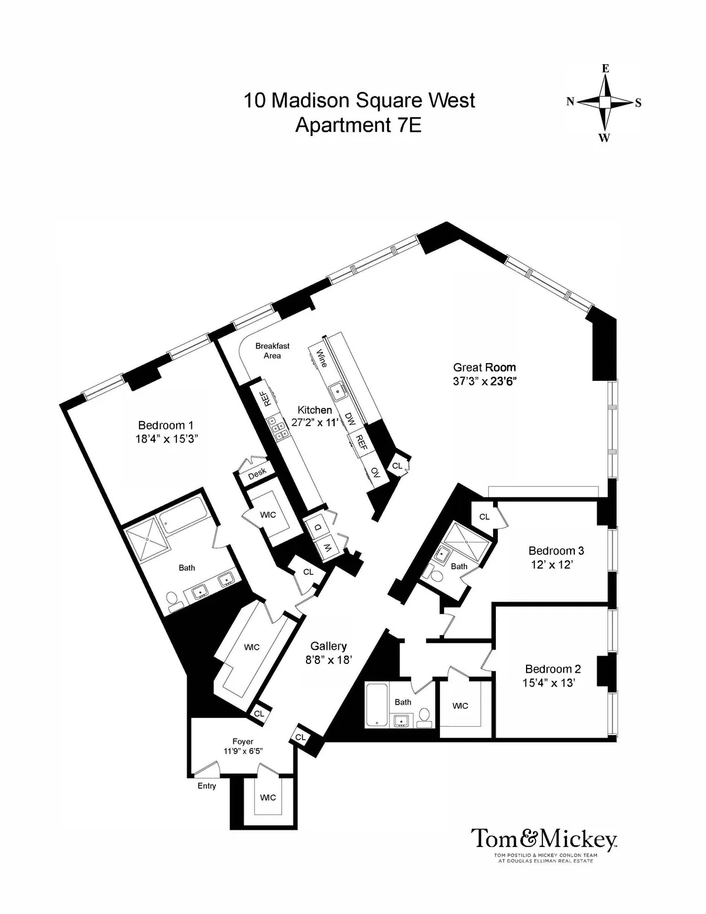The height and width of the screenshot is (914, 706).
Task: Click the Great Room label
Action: point(484,368)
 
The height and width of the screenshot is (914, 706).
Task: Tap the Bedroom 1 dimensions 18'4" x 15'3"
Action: point(166,438)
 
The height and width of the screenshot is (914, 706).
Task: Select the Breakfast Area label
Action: point(272,351)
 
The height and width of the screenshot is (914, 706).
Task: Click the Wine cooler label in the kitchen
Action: point(322,358)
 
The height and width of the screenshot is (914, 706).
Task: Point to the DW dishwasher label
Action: point(350,419)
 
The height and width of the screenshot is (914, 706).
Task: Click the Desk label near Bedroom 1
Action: point(257,472)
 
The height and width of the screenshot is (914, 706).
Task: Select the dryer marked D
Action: point(318,528)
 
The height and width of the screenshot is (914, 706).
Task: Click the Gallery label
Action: point(328,646)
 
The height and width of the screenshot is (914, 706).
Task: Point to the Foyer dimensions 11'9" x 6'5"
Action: point(242,751)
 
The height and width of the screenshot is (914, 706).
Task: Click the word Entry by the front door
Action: point(207,786)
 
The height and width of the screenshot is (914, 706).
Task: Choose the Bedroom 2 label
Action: point(552,669)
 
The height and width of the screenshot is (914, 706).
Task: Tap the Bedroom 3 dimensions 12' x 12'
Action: point(551,564)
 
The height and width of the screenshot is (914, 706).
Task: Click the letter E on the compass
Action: point(605,69)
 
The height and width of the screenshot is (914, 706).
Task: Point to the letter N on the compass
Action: point(570,102)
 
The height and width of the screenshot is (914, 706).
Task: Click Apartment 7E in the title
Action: point(358,125)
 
